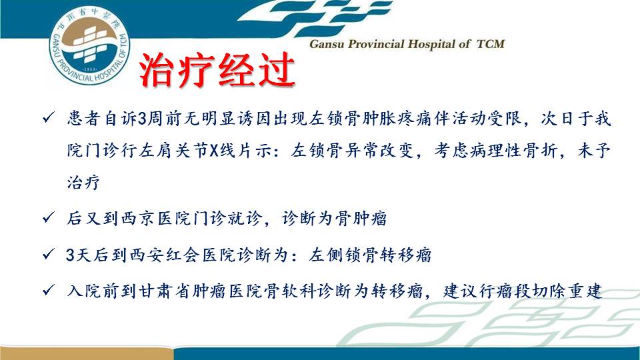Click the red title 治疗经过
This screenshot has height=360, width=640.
pyautogui.click(x=217, y=70)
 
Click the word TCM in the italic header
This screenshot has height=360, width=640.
pyautogui.click(x=491, y=44)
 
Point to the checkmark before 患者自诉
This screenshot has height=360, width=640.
pyautogui.click(x=48, y=119)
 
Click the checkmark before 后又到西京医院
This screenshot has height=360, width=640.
pyautogui.click(x=48, y=217)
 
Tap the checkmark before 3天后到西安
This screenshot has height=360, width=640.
pyautogui.click(x=48, y=254)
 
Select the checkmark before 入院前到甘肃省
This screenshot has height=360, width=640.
pyautogui.click(x=48, y=290)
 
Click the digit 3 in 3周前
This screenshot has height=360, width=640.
pyautogui.click(x=142, y=119)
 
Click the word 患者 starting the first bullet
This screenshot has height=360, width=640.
pyautogui.click(x=84, y=119)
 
